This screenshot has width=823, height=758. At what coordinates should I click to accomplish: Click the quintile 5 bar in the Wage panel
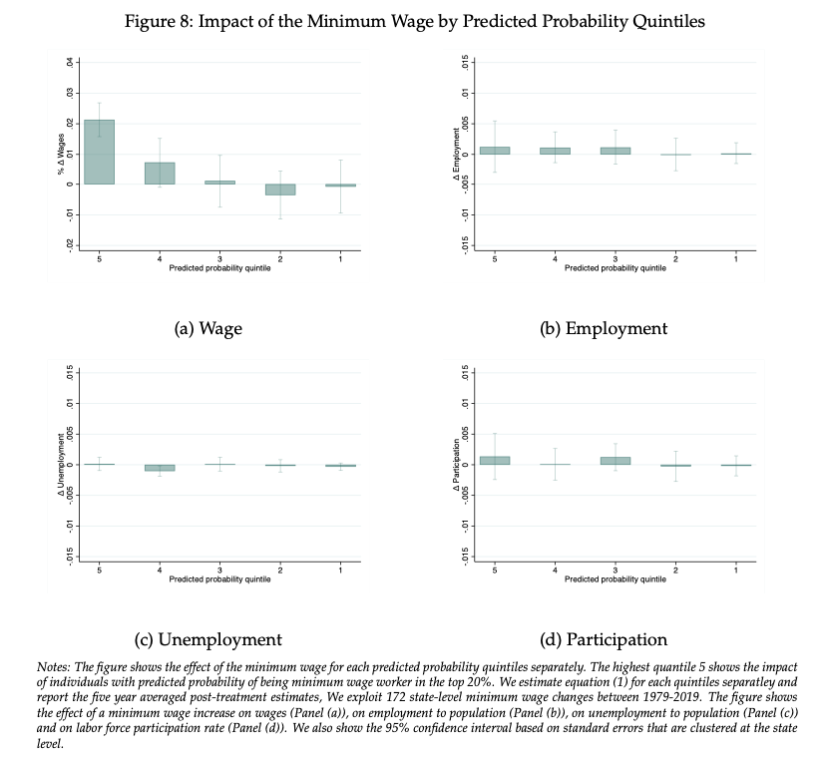[99, 152]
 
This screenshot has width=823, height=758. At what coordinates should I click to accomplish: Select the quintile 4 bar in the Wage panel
[160, 174]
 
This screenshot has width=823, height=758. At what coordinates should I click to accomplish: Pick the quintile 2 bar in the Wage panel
[280, 189]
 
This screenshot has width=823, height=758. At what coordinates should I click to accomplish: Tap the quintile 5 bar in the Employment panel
[495, 151]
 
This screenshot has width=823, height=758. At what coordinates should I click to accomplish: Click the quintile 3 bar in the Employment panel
[616, 151]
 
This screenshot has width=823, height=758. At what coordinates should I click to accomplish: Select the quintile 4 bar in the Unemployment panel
[160, 468]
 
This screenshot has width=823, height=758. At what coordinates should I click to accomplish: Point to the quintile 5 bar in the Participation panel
[495, 461]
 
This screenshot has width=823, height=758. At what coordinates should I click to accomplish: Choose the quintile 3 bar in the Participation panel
[616, 461]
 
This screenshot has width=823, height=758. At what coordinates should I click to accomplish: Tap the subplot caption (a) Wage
[208, 328]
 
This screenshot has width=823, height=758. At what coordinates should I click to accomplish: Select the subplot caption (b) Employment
[604, 328]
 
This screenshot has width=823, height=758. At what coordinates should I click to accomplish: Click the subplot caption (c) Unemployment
[208, 639]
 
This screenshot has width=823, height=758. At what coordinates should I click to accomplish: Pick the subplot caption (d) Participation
[604, 639]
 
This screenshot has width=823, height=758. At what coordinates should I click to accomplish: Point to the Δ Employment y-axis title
[456, 154]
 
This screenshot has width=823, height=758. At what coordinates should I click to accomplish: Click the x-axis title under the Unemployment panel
[219, 579]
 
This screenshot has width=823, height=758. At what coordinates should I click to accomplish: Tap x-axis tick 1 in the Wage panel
[340, 258]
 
